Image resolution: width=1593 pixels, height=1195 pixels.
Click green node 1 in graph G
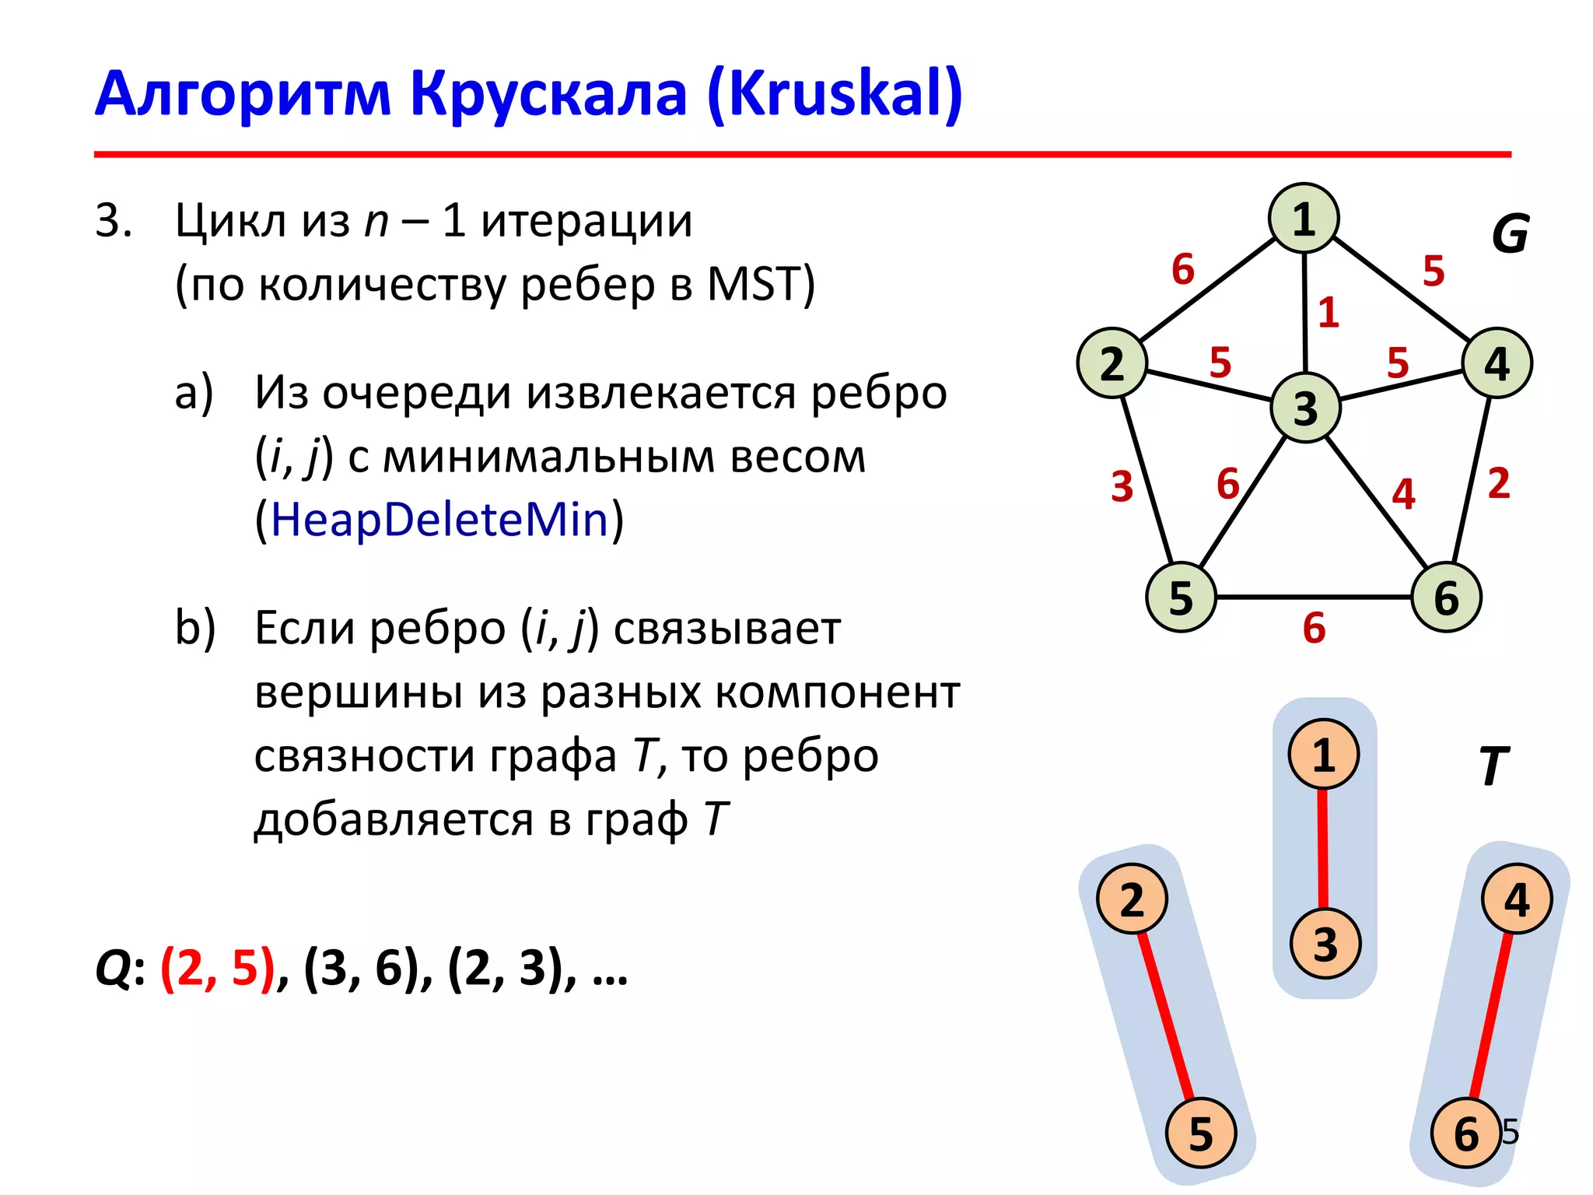[x=1304, y=219]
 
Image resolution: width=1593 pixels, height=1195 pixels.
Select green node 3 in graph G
[x=1305, y=408]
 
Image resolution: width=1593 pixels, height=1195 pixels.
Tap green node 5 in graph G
[x=1181, y=597]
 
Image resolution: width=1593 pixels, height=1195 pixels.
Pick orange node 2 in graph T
[x=1132, y=899]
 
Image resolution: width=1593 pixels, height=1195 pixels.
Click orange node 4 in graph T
[x=1517, y=899]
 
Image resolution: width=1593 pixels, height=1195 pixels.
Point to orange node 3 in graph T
[x=1325, y=944]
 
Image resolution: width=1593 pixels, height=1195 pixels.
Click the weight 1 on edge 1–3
[x=1329, y=313]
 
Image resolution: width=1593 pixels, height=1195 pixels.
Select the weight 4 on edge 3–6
[x=1403, y=493]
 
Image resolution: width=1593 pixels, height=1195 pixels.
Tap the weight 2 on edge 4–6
[x=1499, y=483]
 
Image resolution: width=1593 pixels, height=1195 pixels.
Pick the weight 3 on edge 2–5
[x=1122, y=487]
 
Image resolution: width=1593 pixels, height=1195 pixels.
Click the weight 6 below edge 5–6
[x=1314, y=628]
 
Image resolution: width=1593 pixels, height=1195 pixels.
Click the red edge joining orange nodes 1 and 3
[x=1323, y=848]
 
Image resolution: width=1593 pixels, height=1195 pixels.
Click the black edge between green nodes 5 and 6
[x=1314, y=597]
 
